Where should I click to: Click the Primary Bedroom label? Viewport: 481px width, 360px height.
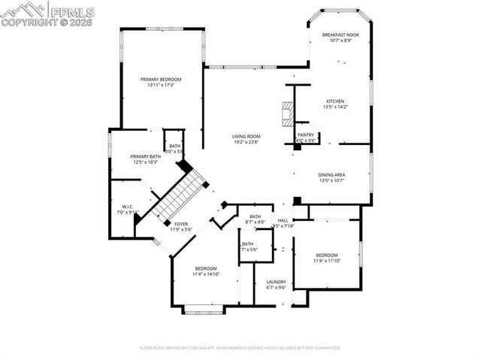pos(161,79)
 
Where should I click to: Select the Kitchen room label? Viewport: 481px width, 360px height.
pos(334,101)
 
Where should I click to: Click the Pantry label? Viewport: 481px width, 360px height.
pos(305,135)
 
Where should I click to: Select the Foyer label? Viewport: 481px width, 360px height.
pos(181,224)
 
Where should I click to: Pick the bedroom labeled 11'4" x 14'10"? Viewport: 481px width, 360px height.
pos(206,269)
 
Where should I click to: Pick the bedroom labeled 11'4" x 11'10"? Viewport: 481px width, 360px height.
pos(326,255)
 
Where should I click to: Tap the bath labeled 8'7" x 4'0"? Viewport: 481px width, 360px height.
pos(256,216)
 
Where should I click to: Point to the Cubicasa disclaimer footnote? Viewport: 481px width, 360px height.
pos(240,348)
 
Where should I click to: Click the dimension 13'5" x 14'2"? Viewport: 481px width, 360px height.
pos(334,107)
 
